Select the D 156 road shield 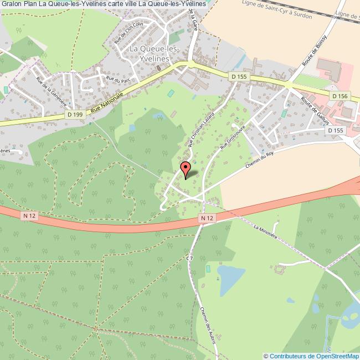pyautogui.click(x=340, y=96)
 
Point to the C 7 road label pyautogui.click(x=189, y=258)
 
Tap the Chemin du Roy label pyautogui.click(x=260, y=161)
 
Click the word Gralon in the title pyautogui.click(x=12, y=4)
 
